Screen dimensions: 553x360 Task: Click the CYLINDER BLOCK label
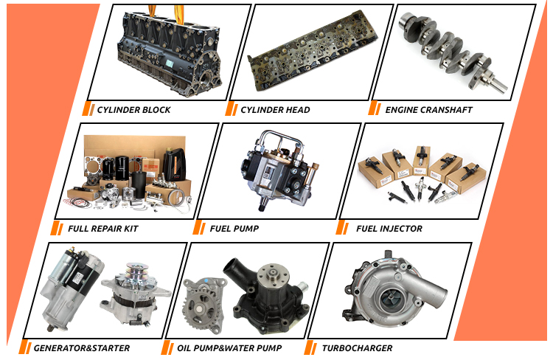pos(133,110)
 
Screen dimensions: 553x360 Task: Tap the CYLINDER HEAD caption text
pos(275,110)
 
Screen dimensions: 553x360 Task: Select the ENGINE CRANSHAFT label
pos(428,110)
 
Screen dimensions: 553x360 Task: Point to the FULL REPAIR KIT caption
pos(103,229)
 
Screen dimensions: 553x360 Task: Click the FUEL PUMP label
pos(234,229)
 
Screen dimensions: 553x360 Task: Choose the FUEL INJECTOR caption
pos(389,229)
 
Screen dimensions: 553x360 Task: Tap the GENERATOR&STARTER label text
pos(82,348)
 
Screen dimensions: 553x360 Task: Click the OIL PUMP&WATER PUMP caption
pos(229,348)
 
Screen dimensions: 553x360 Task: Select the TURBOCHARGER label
pos(357,348)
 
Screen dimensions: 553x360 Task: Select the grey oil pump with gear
pos(204,302)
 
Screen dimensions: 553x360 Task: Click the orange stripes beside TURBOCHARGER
pos(310,347)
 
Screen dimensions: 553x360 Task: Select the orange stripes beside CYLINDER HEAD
pos(232,108)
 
